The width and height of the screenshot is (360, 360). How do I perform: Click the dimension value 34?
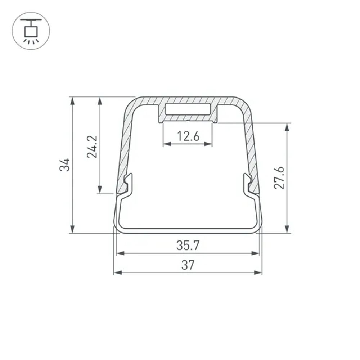pos(65,165)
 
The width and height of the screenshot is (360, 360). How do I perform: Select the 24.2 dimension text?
pos(92,147)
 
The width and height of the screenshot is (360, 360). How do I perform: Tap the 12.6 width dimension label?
pos(188,136)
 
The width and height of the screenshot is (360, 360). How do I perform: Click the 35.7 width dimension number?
pos(188,246)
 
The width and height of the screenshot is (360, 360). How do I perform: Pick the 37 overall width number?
pos(188,265)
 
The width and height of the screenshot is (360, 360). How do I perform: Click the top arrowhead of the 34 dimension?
pos(73,101)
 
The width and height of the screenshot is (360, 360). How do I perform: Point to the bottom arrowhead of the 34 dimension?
pos(73,229)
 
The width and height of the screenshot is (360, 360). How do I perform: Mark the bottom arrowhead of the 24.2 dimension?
pos(100,189)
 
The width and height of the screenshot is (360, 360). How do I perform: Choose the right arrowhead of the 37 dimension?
pos(258,273)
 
